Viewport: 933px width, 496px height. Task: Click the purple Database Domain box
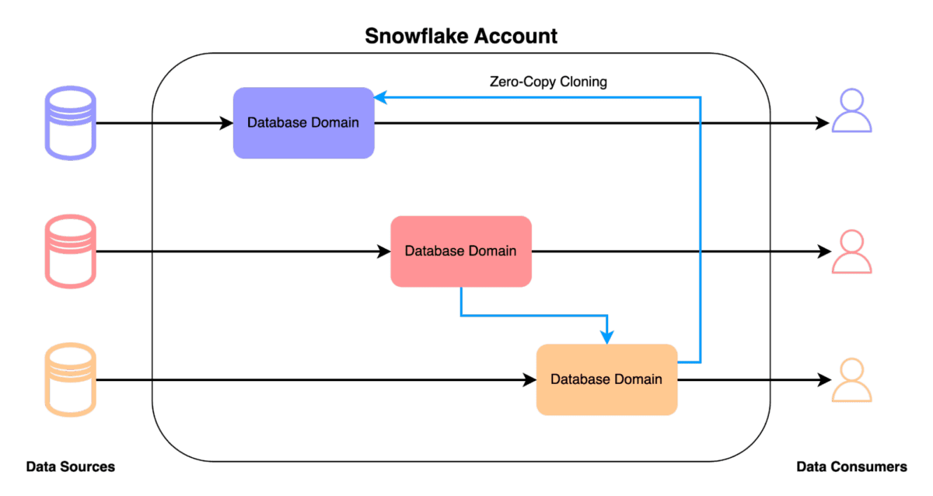pos(304,123)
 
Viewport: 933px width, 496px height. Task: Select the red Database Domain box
pos(461,251)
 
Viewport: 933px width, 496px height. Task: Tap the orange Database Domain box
pos(606,379)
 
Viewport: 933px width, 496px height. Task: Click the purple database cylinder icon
pos(71,123)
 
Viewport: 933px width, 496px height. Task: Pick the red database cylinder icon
pos(71,251)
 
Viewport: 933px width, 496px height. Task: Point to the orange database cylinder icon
pos(71,380)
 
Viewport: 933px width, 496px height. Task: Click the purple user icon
pos(852,111)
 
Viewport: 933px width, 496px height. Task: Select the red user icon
pos(852,251)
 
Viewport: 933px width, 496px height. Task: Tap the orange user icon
pos(852,380)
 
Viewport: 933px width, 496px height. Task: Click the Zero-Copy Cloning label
pos(548,82)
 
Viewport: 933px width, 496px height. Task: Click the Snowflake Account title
pos(461,36)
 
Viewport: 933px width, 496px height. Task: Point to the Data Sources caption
pos(71,467)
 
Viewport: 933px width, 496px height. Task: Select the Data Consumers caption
pos(852,467)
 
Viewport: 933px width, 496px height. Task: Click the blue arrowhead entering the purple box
pos(381,97)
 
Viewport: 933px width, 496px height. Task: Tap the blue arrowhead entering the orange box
pos(606,336)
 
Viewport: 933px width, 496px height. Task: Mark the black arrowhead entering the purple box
pos(227,123)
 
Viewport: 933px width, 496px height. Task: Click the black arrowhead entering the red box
pos(383,251)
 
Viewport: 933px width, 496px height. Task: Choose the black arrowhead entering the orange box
pos(529,380)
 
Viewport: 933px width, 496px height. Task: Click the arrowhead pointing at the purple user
pos(823,123)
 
